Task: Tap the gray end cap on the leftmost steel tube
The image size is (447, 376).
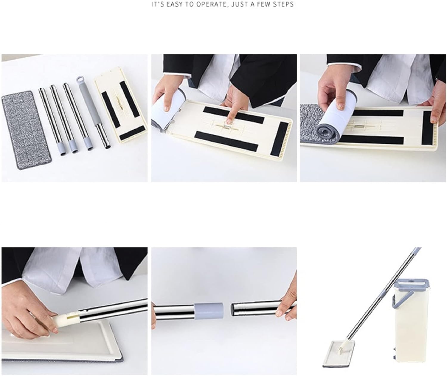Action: (63, 150)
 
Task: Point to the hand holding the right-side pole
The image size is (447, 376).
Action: (288, 305)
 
